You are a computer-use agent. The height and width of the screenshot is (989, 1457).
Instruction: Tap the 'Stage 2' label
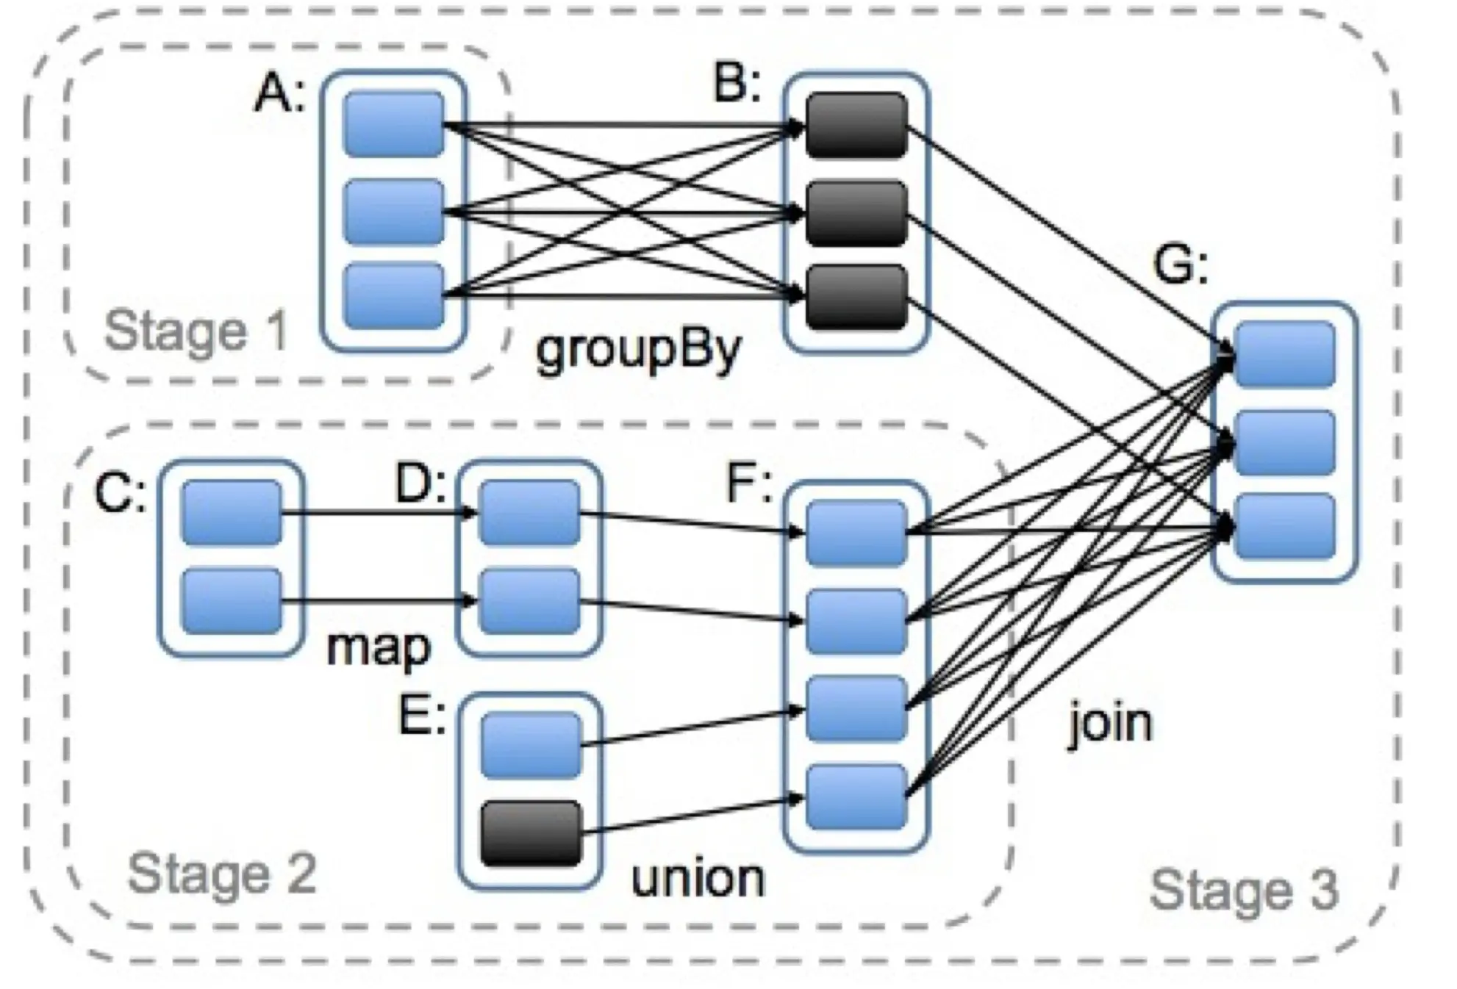pos(222,874)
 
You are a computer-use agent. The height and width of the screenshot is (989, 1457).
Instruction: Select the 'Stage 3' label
pos(1244,890)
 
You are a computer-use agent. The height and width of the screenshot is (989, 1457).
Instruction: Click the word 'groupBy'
pos(638,350)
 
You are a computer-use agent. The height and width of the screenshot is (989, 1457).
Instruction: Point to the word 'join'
pos(1109,722)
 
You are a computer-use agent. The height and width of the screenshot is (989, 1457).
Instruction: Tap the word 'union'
pos(698,878)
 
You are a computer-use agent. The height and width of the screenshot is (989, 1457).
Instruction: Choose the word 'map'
pos(378,648)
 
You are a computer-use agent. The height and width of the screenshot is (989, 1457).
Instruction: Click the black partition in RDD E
pos(531,833)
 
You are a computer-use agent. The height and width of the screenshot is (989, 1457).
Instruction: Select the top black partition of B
pos(856,125)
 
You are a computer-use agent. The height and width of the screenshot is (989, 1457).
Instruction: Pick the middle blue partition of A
pos(394,212)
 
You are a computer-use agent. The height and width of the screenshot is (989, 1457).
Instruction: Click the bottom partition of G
pos(1285,527)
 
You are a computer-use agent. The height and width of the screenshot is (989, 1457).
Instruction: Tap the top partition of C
pos(232,513)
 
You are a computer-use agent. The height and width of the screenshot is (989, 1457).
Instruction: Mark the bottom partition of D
pos(529,601)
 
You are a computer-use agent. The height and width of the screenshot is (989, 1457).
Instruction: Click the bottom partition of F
pos(856,796)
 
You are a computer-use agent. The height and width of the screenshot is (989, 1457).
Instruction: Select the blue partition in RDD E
pos(531,745)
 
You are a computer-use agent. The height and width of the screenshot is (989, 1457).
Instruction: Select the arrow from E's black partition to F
pos(693,815)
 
